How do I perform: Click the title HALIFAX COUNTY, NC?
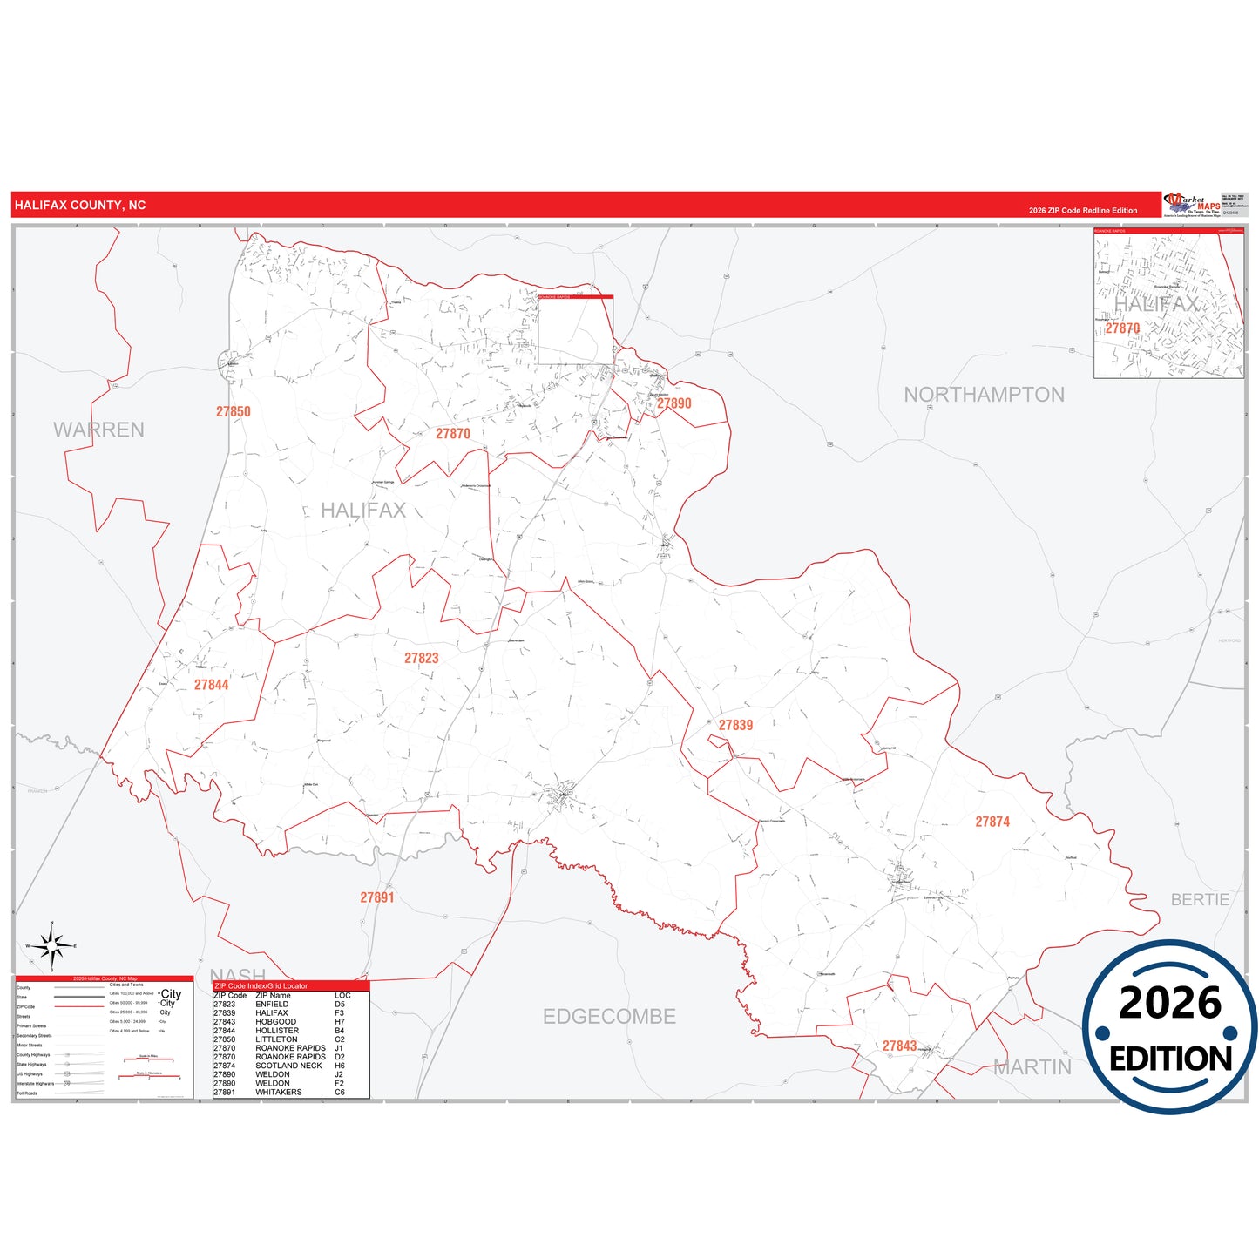pyautogui.click(x=80, y=206)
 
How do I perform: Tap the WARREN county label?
pyautogui.click(x=98, y=430)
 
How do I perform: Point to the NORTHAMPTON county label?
pyautogui.click(x=984, y=395)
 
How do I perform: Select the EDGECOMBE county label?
pyautogui.click(x=609, y=1017)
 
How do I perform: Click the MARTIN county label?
pyautogui.click(x=1032, y=1067)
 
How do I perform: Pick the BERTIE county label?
pyautogui.click(x=1200, y=900)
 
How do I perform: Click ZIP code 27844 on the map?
pyautogui.click(x=211, y=685)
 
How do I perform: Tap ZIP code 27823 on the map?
pyautogui.click(x=421, y=659)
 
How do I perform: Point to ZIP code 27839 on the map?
pyautogui.click(x=735, y=725)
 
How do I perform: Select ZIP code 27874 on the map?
pyautogui.click(x=992, y=822)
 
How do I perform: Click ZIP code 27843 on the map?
pyautogui.click(x=899, y=1046)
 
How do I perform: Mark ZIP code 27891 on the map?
pyautogui.click(x=377, y=897)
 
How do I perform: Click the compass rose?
pyautogui.click(x=51, y=945)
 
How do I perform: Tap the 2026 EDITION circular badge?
pyautogui.click(x=1169, y=1026)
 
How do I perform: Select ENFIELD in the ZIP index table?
pyautogui.click(x=272, y=1005)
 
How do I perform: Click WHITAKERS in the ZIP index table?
pyautogui.click(x=279, y=1092)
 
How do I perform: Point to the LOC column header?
pyautogui.click(x=342, y=995)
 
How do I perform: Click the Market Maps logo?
pyautogui.click(x=1192, y=205)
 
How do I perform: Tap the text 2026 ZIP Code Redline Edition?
pyautogui.click(x=1082, y=211)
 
